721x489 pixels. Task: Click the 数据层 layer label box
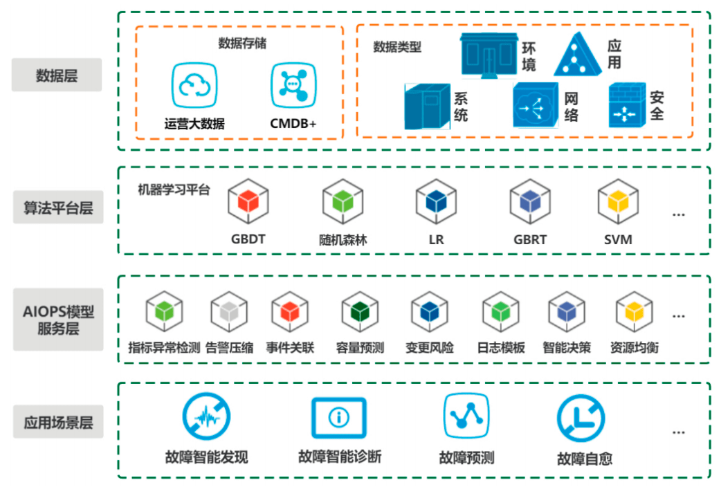coord(57,75)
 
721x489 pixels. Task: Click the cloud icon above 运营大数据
coord(194,86)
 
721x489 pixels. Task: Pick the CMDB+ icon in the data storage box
coord(293,86)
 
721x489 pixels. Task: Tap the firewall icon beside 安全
coord(627,105)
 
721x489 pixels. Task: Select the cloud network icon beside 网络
coord(535,105)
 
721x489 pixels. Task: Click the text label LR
coord(436,240)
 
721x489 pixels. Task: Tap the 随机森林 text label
coord(343,240)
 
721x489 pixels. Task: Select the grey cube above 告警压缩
coord(229,313)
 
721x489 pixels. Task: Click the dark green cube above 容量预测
coord(360,313)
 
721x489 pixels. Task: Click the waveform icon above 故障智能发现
coord(206,418)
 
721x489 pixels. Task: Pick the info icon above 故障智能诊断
coord(339,417)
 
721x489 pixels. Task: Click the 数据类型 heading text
coord(397,47)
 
